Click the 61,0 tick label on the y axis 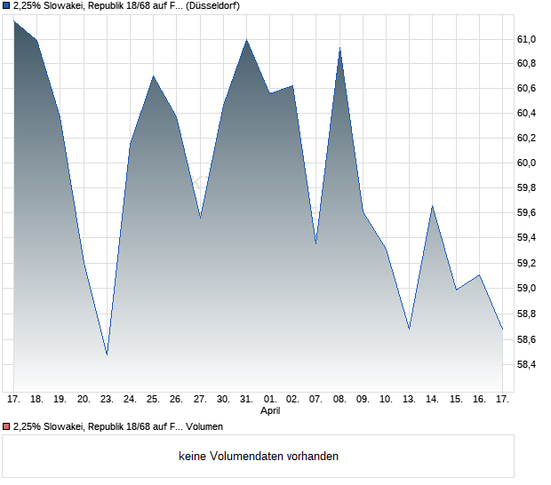click(527, 39)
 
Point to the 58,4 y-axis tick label click(527, 364)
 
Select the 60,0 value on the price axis click(527, 163)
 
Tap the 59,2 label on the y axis click(527, 264)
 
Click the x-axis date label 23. click(107, 399)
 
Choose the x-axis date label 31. click(247, 399)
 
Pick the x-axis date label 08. click(339, 399)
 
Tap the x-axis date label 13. click(410, 399)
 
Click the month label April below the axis click(270, 411)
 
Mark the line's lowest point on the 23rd click(107, 355)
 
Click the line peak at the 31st click(247, 40)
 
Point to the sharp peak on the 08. click(339, 48)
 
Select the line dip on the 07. click(316, 243)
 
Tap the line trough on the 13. click(410, 330)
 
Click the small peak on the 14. click(432, 206)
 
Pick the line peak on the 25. click(154, 76)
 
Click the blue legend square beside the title click(6, 5)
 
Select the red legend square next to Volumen click(6, 427)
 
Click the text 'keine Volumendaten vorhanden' click(258, 457)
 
